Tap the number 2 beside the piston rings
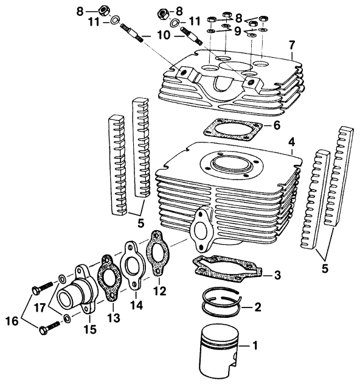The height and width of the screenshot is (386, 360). (x=257, y=307)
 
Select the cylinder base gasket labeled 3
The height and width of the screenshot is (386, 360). (x=227, y=269)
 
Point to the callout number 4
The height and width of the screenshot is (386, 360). (x=291, y=142)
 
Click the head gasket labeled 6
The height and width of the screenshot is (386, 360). (x=232, y=130)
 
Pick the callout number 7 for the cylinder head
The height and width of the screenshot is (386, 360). (x=292, y=45)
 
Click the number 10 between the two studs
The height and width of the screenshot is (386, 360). (x=164, y=35)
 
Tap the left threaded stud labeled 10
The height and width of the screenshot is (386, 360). (x=131, y=33)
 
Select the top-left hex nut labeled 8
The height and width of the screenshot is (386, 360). (x=103, y=11)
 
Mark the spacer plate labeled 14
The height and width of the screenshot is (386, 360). (x=133, y=266)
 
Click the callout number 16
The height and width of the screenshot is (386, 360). (x=12, y=321)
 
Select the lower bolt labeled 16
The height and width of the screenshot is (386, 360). (x=49, y=328)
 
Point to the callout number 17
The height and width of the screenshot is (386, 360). (x=40, y=307)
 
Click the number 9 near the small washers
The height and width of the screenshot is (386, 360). (x=237, y=31)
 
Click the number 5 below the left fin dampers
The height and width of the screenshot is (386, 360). (x=141, y=223)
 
